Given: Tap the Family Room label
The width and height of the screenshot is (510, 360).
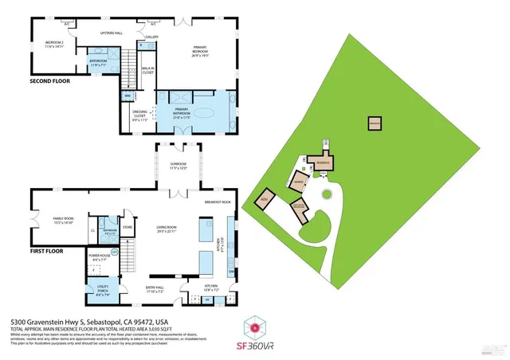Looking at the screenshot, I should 62,220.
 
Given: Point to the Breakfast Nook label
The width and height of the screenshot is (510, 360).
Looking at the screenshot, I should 217,202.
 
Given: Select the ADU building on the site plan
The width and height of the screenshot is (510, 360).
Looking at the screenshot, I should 265,200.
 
